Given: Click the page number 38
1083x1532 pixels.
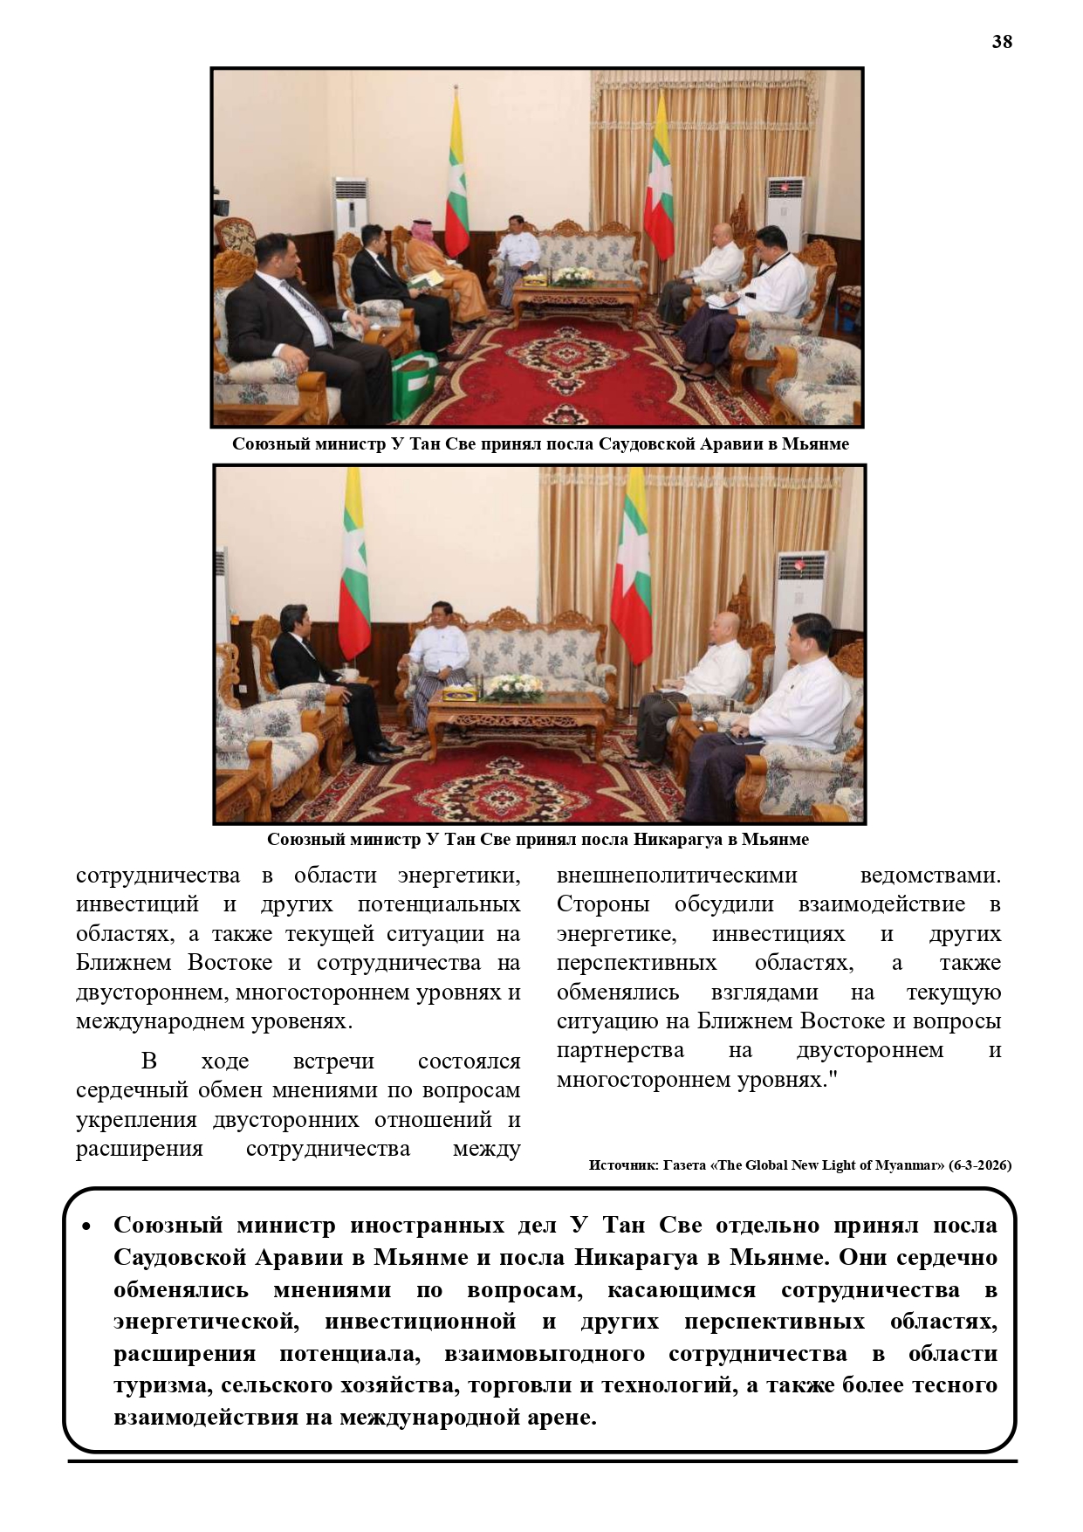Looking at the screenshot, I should [1001, 42].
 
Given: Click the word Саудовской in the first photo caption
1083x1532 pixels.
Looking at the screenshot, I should [643, 444].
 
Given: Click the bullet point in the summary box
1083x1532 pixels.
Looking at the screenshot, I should [86, 1226].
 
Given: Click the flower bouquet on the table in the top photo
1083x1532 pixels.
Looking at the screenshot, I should [573, 276].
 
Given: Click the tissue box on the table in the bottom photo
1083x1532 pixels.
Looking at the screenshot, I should [460, 694].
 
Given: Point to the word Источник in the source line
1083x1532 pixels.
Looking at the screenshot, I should [619, 1165].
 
